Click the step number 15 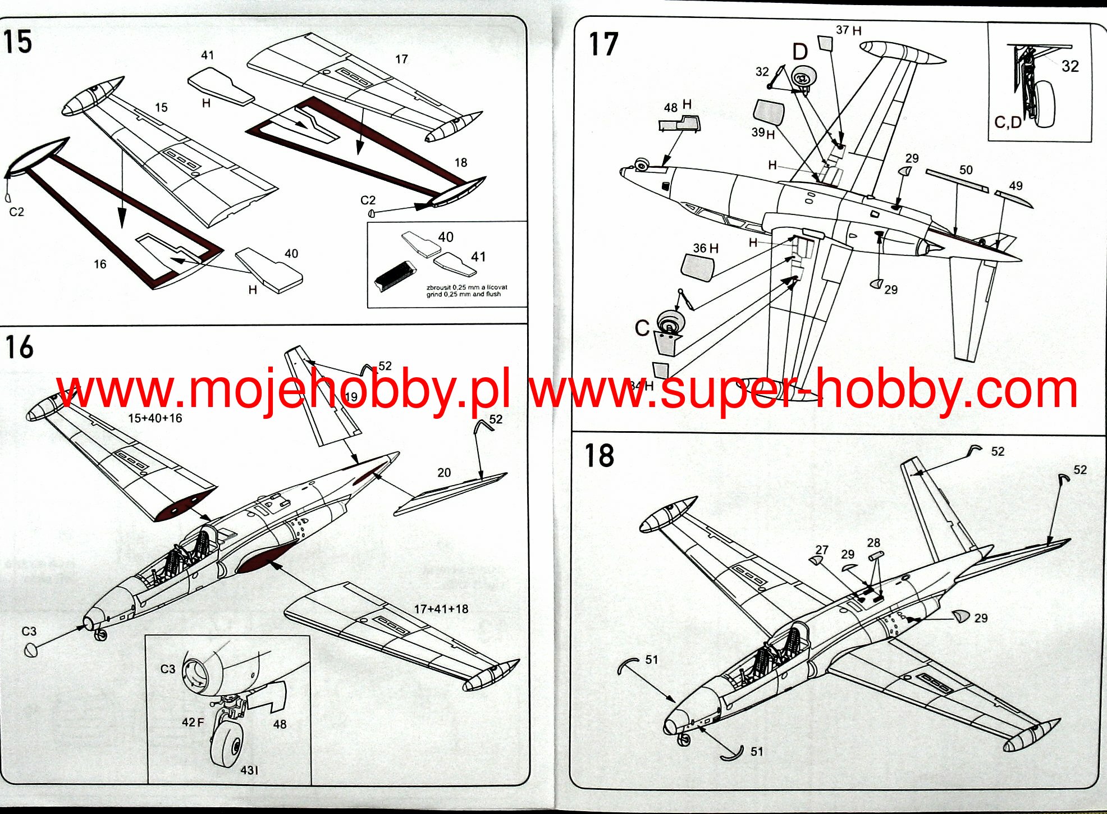tap(17, 42)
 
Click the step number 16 tap(19, 347)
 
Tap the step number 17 tap(603, 44)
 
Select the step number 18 tap(599, 455)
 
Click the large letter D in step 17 tap(800, 52)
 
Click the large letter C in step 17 tap(642, 328)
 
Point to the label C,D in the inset tap(1008, 122)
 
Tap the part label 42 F tap(193, 722)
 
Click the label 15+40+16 tap(155, 418)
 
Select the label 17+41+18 tap(441, 609)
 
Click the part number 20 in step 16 tap(443, 473)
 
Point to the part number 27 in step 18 tap(822, 550)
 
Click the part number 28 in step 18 tap(873, 543)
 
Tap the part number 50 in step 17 tap(966, 170)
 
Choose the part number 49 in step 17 tap(1015, 186)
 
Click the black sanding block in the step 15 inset tap(394, 276)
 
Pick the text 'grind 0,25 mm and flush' tap(463, 294)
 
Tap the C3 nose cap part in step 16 tap(31, 650)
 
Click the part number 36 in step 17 tap(699, 248)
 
